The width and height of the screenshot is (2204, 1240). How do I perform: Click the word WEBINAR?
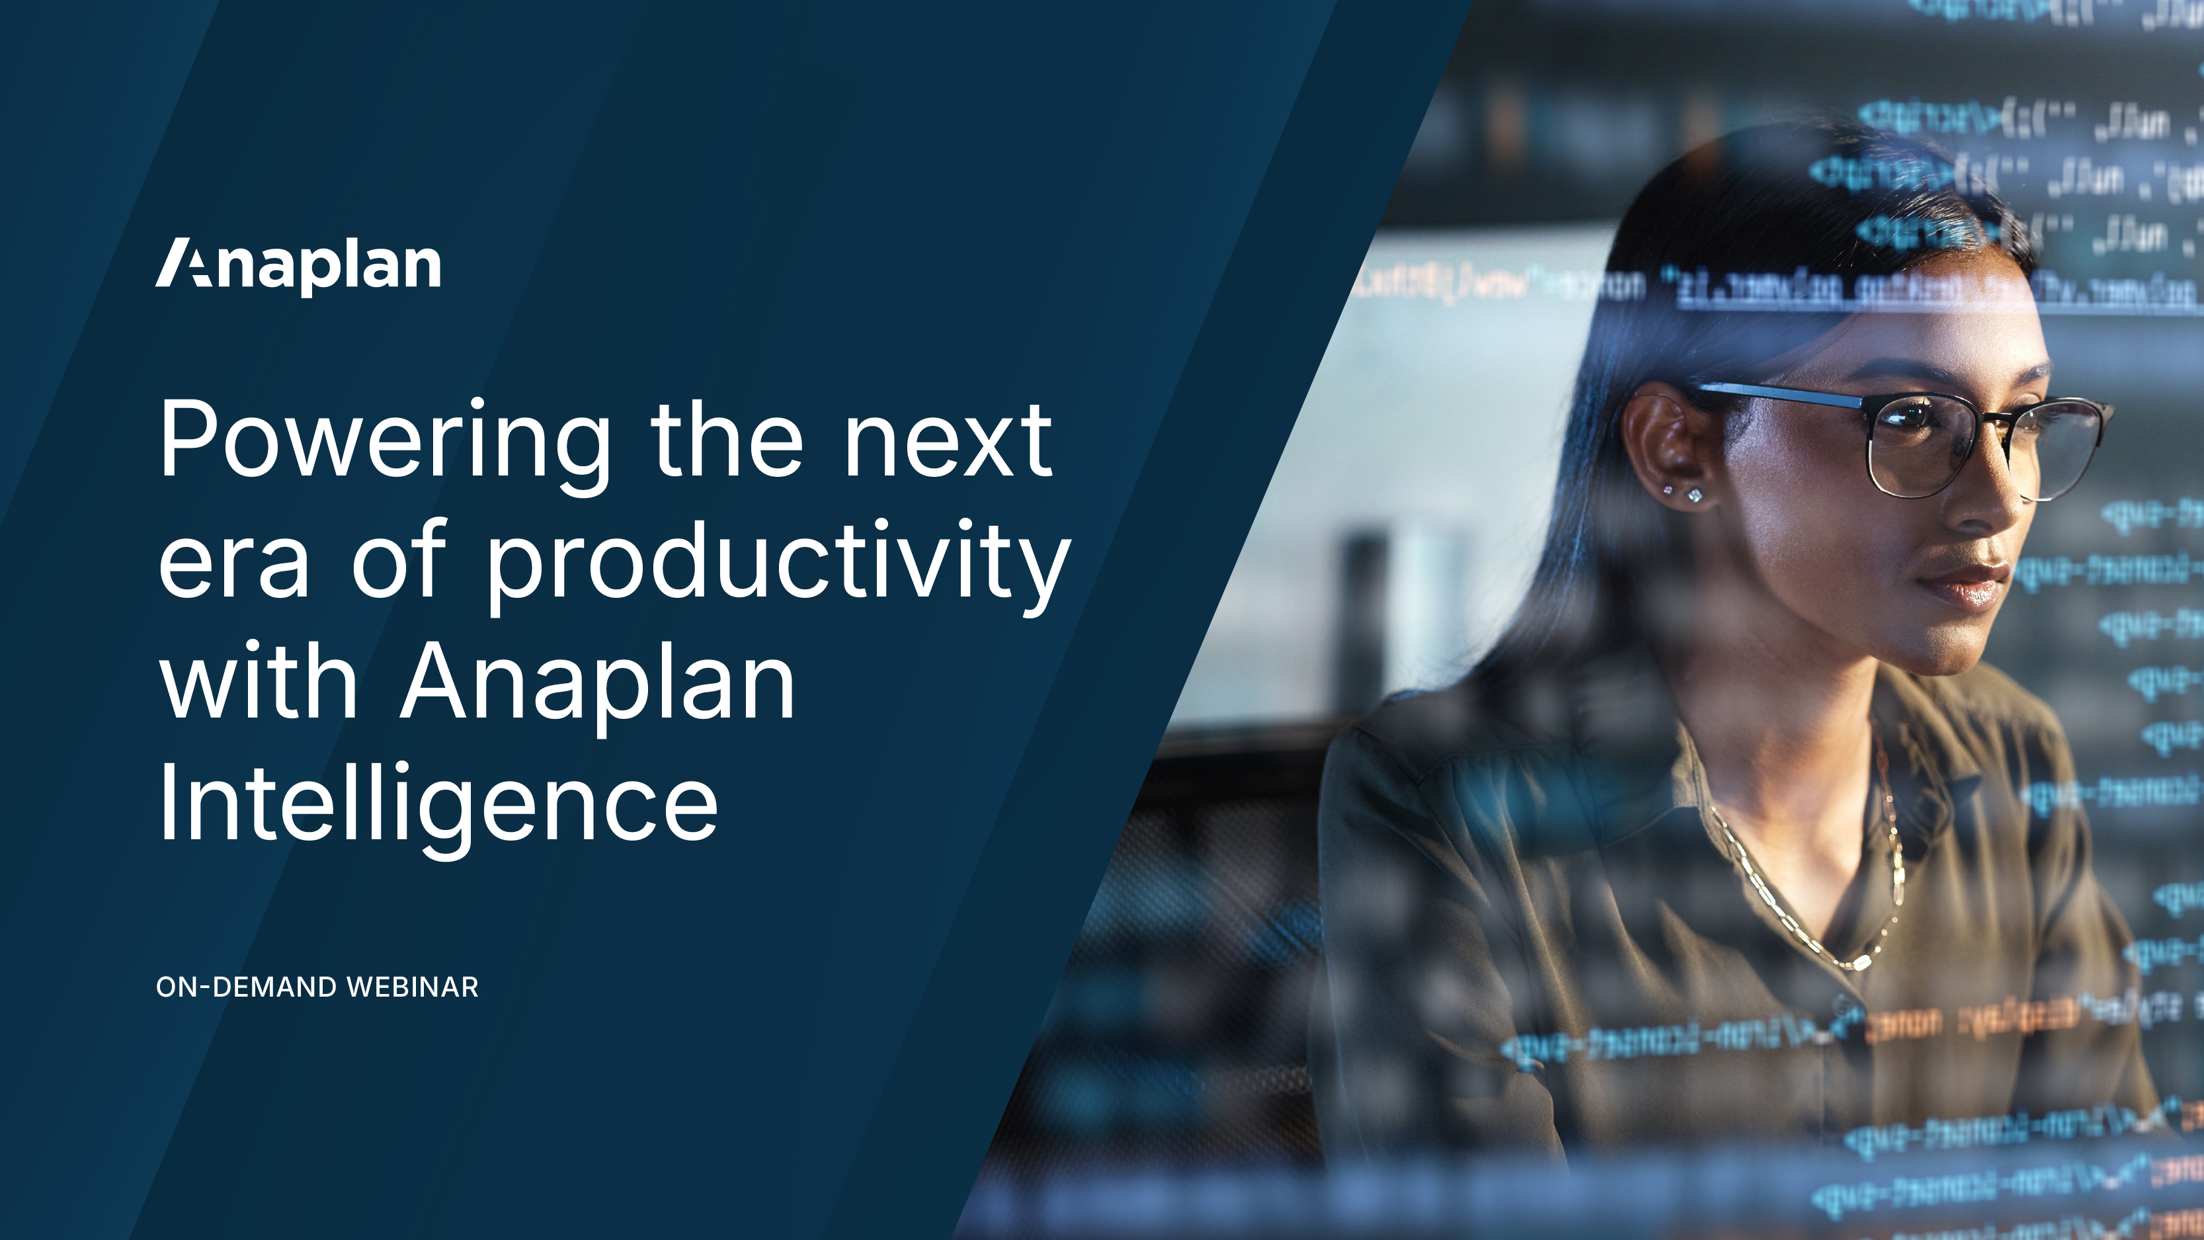coord(413,987)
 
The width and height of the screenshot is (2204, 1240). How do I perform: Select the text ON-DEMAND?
coord(247,987)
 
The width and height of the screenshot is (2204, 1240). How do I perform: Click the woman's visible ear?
coord(1664,445)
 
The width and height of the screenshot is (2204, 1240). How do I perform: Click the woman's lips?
coord(1963,583)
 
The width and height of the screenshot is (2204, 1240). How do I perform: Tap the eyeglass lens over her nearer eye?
coord(1921,445)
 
